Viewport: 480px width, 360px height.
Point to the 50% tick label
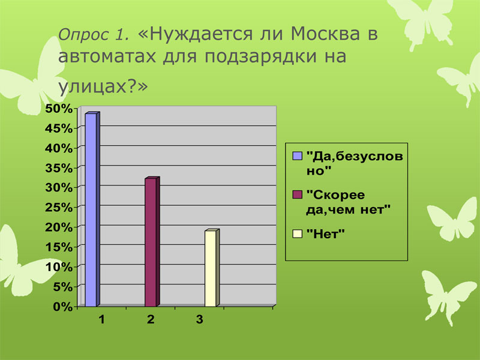coord(59,109)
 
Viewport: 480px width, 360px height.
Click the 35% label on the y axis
coord(59,168)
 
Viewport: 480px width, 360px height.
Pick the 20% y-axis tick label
coord(59,227)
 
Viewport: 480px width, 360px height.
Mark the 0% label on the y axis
coord(63,307)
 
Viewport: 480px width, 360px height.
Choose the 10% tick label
coord(59,267)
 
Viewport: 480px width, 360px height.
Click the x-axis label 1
coord(101,320)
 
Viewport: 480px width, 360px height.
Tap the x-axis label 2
coord(151,320)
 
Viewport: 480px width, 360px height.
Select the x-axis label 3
coord(200,320)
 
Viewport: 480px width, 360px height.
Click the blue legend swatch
coord(297,156)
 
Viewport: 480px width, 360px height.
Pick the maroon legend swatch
coord(297,194)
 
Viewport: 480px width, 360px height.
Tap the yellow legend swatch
coord(297,234)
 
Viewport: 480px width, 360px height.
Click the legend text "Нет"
coord(325,234)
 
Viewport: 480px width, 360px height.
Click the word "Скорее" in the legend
coord(335,195)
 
